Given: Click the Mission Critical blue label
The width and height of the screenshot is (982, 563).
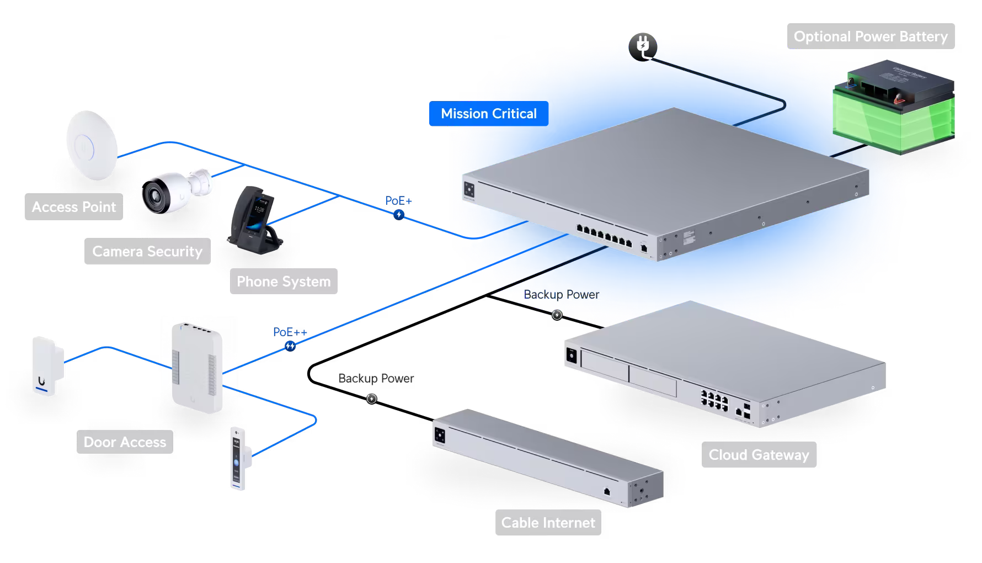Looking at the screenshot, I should click(488, 114).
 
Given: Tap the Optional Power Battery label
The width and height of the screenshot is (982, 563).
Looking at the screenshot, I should click(870, 36).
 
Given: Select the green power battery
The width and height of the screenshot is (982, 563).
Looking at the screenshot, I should click(894, 108).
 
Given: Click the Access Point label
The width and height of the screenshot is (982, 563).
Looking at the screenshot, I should click(74, 207).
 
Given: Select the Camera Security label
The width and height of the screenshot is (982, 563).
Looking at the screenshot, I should click(147, 252).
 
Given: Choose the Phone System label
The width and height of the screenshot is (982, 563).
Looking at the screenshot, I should click(284, 281).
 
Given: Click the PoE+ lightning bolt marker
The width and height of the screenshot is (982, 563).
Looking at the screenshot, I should click(399, 215).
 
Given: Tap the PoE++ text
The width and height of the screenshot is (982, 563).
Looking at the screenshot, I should click(290, 332).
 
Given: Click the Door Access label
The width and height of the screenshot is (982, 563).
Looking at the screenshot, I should click(125, 442).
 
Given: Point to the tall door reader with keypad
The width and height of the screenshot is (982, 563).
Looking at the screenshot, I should click(238, 458).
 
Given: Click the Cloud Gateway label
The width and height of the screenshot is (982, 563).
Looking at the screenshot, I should click(759, 455).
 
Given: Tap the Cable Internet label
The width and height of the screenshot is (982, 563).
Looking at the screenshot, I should click(548, 523).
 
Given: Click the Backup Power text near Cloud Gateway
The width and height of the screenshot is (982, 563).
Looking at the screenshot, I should click(561, 295).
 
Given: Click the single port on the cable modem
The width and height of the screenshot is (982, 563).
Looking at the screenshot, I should click(607, 491).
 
